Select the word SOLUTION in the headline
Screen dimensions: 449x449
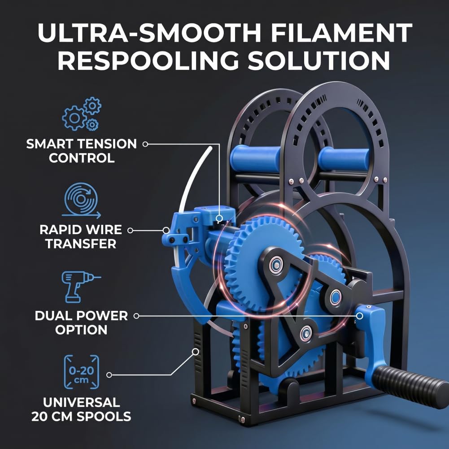(319, 61)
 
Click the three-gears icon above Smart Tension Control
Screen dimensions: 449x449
(82, 113)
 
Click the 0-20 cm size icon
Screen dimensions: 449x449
(81, 372)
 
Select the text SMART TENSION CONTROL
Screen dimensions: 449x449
(82, 151)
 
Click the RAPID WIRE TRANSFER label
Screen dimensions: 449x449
(81, 237)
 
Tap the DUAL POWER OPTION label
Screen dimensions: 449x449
(81, 323)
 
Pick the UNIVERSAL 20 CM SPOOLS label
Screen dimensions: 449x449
(81, 410)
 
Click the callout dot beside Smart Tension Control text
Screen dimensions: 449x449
(145, 144)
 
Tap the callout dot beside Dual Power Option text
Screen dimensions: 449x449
(136, 316)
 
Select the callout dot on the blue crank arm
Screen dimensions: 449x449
(360, 316)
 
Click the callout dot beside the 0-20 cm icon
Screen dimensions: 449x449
(109, 375)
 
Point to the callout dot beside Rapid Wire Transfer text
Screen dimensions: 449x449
(130, 230)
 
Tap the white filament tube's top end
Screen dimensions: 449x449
(210, 148)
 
